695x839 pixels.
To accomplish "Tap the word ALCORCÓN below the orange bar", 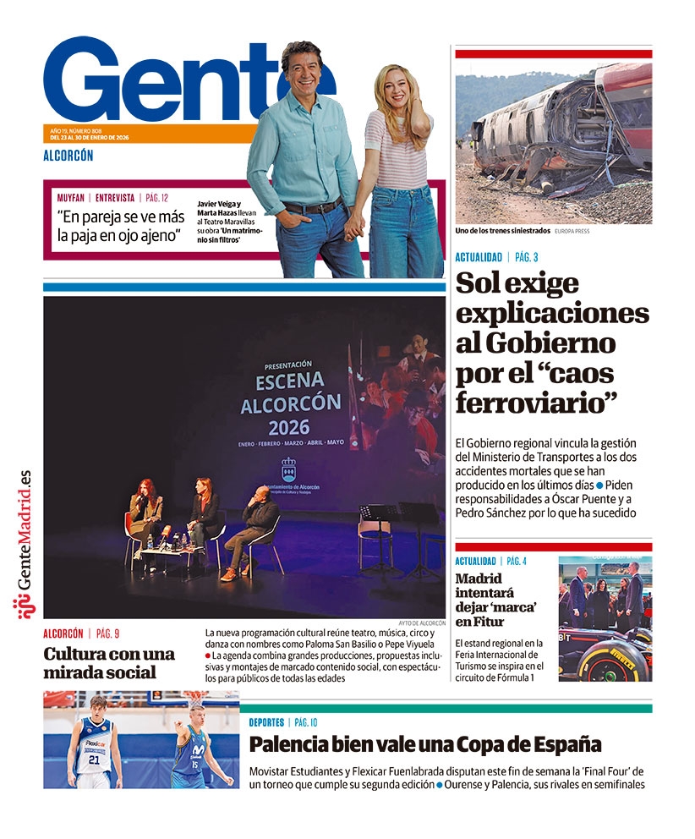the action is coord(68,155).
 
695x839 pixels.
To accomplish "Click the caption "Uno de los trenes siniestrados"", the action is coord(502,230).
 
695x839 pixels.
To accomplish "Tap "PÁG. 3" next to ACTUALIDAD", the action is coord(527,257).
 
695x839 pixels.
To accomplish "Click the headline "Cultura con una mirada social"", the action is coord(109,663).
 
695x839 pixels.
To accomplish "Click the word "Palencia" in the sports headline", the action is coord(287,744).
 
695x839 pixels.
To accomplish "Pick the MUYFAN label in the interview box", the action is coord(71,197).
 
